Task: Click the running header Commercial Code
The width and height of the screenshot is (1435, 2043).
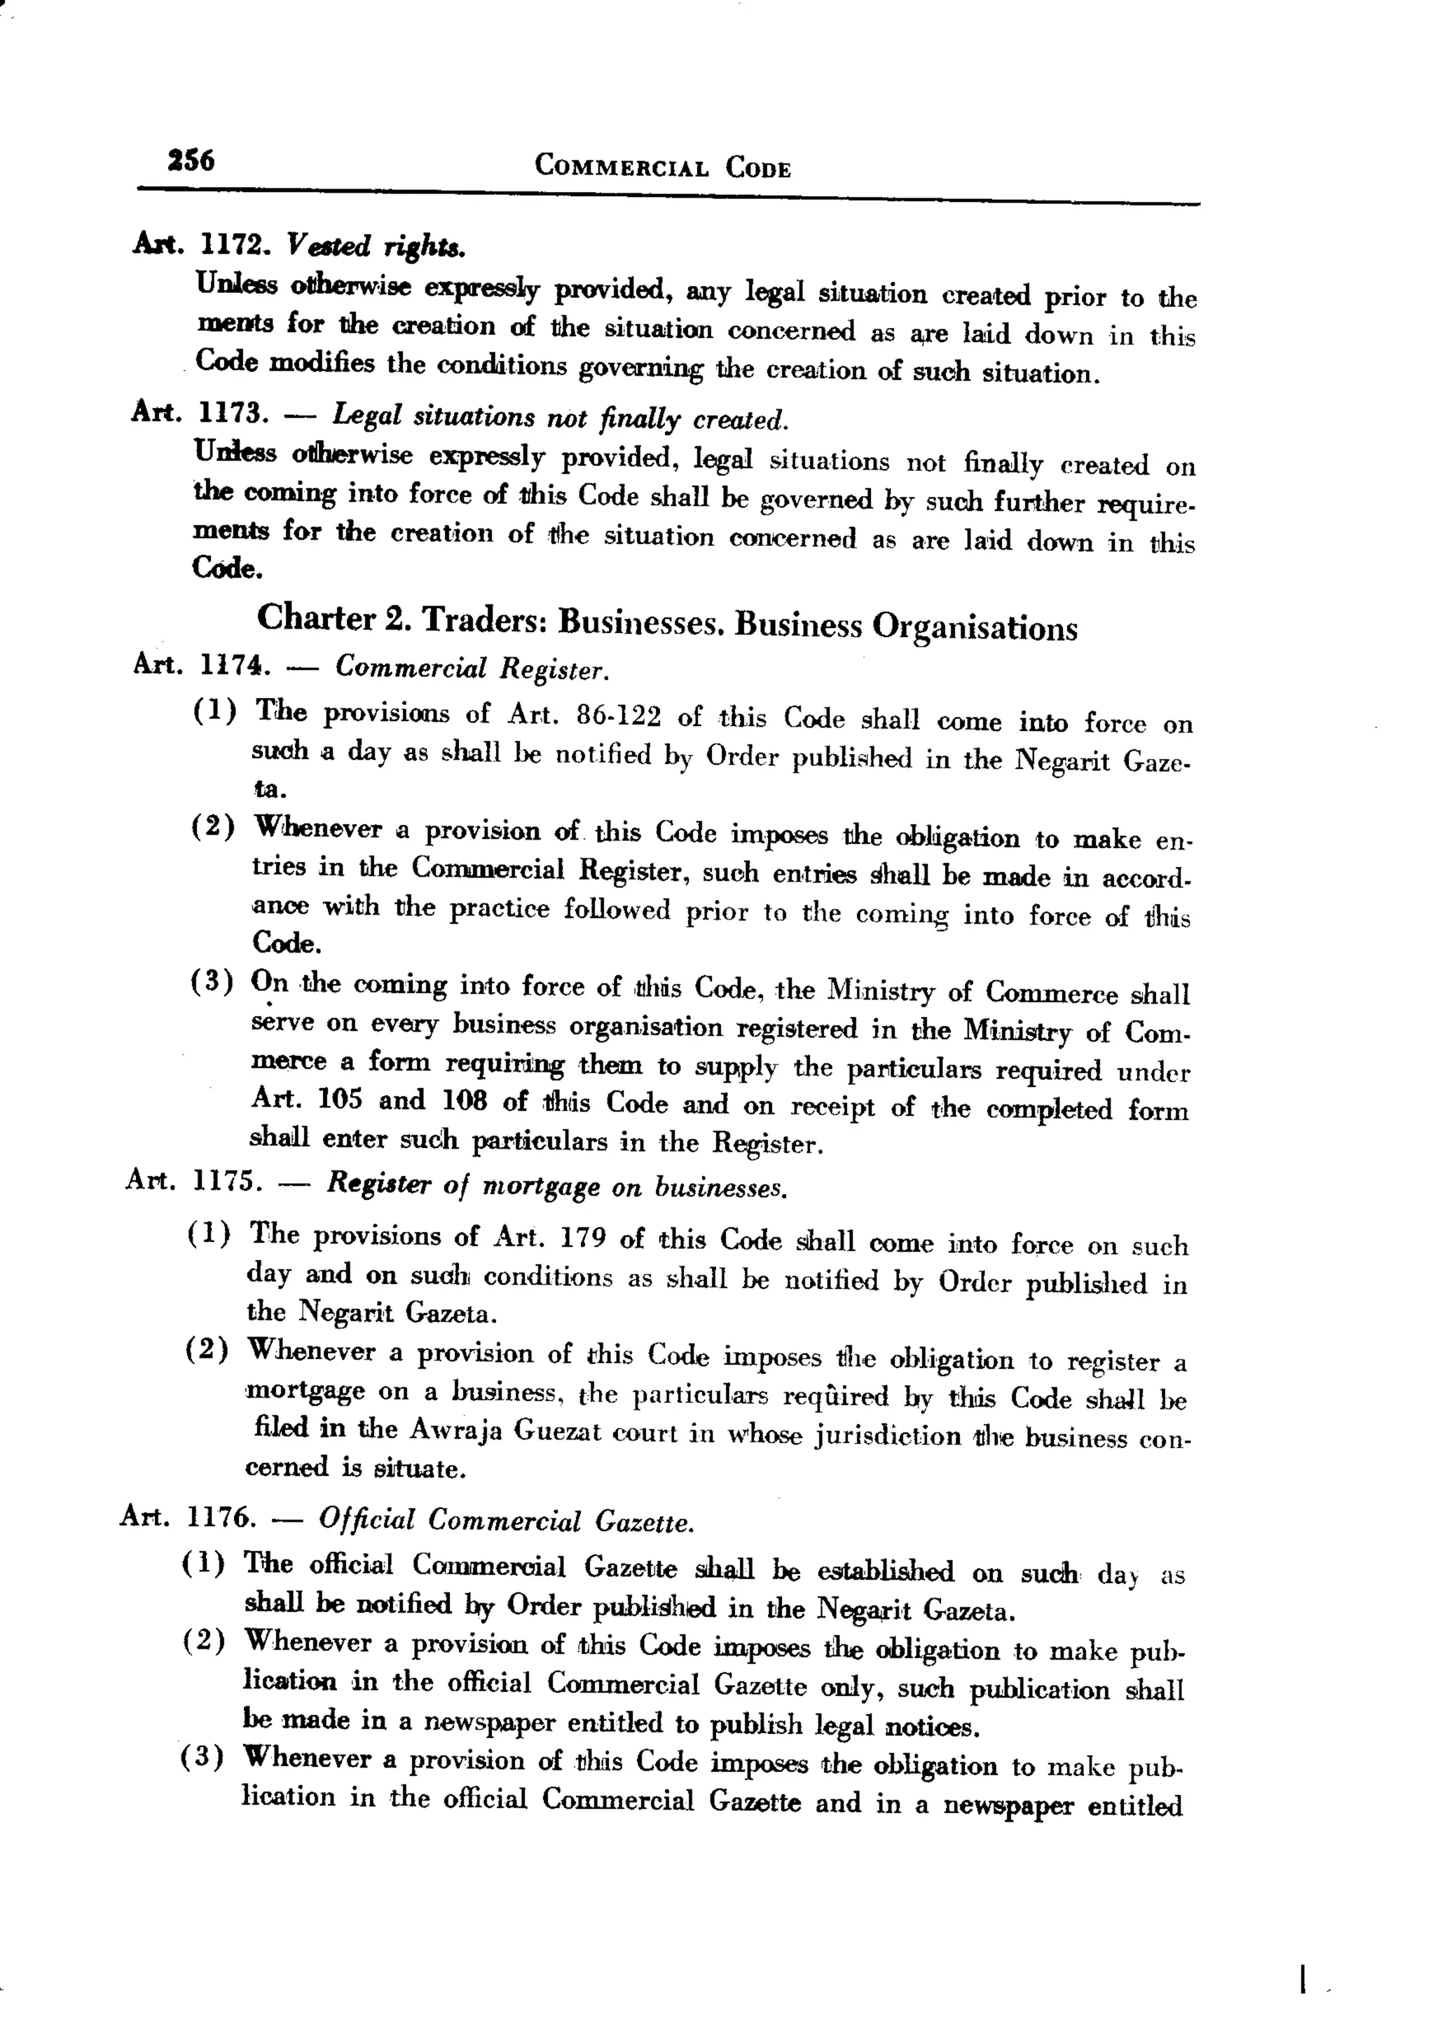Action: click(x=662, y=166)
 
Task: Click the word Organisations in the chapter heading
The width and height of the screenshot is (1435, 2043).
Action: click(x=973, y=627)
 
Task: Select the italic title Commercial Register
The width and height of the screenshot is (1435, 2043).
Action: click(x=472, y=667)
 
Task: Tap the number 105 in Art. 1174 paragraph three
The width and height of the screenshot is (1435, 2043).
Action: click(x=340, y=1099)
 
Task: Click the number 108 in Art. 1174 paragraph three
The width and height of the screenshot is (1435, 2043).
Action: click(x=465, y=1100)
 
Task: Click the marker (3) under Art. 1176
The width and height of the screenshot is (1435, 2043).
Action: click(x=201, y=1757)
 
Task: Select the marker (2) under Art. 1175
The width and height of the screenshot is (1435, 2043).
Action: click(x=207, y=1350)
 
